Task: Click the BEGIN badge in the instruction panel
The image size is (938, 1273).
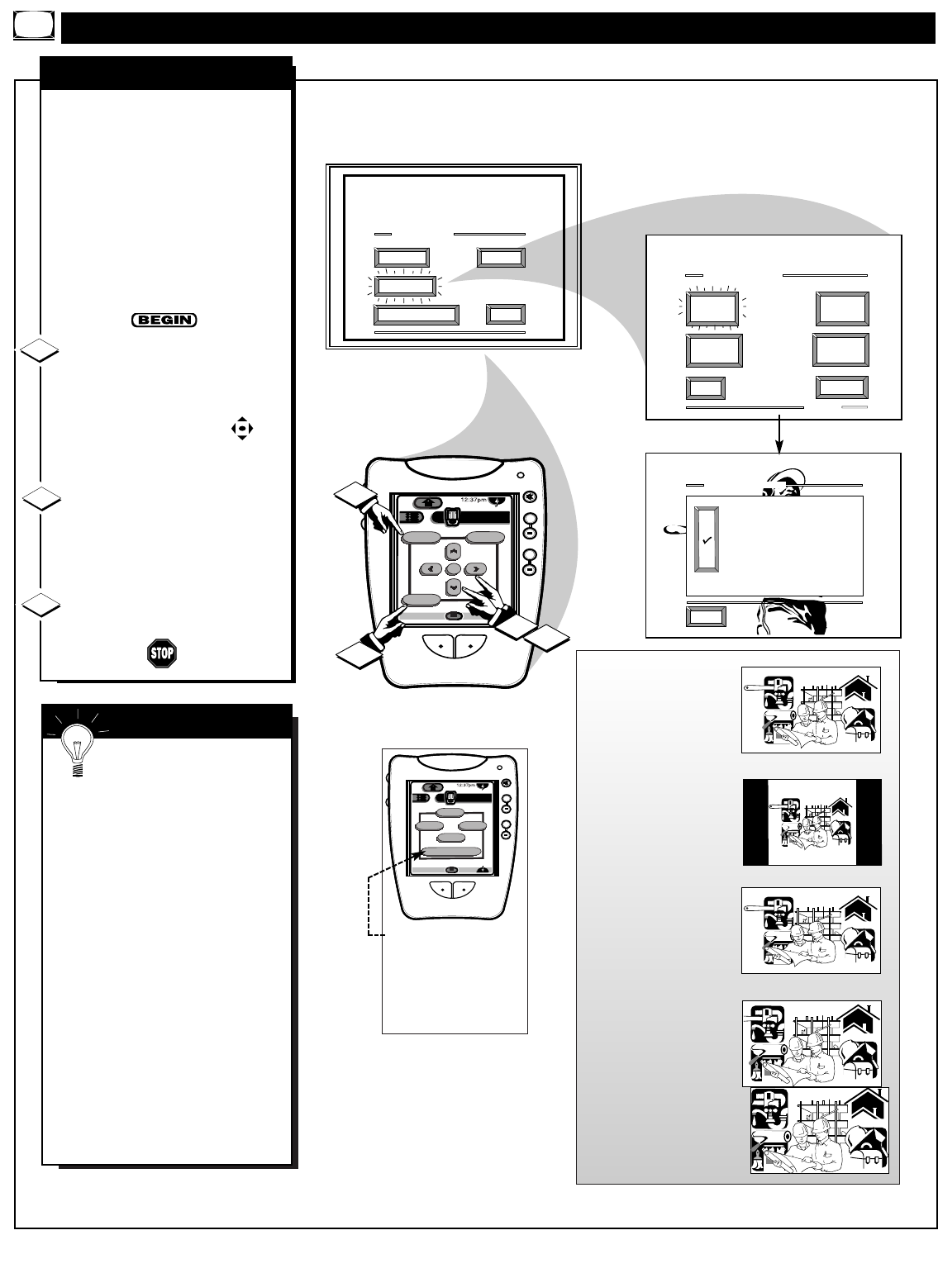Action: coord(164,321)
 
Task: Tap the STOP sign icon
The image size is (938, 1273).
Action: coord(163,654)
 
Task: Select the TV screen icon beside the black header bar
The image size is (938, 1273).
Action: coord(33,27)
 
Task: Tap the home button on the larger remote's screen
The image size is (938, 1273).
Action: coord(429,501)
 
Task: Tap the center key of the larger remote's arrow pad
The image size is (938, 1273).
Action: coord(453,569)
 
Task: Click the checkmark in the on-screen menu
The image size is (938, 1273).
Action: coord(707,540)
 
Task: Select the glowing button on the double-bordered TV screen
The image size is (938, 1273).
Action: coord(404,286)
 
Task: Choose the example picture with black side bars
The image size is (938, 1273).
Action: coord(812,822)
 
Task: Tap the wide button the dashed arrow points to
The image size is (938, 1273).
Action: coord(450,851)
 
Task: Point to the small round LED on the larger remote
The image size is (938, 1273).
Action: coord(519,476)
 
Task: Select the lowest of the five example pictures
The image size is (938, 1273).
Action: coord(818,1131)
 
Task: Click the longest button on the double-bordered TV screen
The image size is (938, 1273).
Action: coord(416,315)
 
